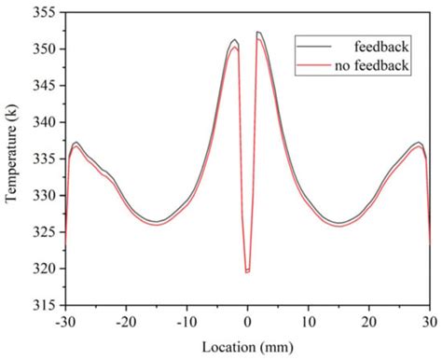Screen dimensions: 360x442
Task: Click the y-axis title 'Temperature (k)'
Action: (x=13, y=159)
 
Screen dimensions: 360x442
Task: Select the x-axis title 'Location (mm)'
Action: (x=247, y=345)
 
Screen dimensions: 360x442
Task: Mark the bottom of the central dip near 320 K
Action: (x=247, y=271)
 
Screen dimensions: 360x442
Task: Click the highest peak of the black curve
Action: (x=257, y=32)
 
